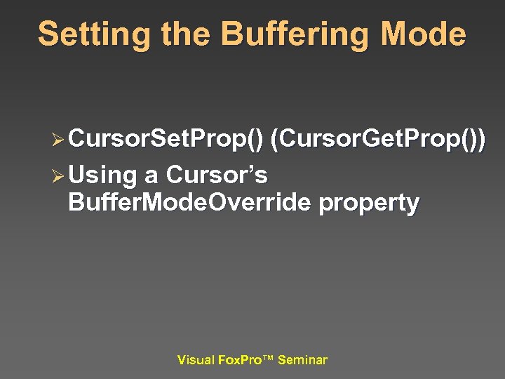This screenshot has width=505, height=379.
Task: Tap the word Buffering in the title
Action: pos(283,35)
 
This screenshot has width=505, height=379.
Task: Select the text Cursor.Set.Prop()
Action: pos(166,140)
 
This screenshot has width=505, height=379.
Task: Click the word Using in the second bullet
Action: pos(102,174)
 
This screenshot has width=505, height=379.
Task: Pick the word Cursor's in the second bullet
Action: pos(217,173)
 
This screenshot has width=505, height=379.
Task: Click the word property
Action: pos(369,204)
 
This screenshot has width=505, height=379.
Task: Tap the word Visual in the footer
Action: pos(196,360)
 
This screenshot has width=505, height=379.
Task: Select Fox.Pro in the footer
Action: pos(238,360)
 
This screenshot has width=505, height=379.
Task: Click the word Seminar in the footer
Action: pos(302,360)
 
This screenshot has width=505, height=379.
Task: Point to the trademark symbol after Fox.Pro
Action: pos(269,358)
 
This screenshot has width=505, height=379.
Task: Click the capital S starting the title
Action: pos(48,35)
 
